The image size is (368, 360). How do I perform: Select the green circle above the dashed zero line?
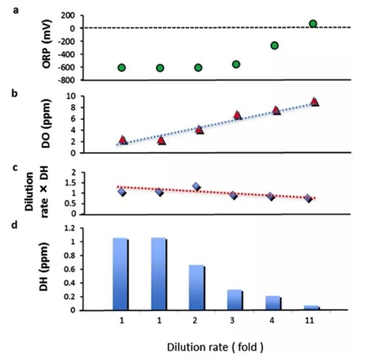[x=313, y=24]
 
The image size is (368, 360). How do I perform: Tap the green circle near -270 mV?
[x=275, y=46]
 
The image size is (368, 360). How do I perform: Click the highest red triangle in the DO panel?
[x=314, y=102]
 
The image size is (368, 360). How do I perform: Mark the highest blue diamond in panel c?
[x=196, y=186]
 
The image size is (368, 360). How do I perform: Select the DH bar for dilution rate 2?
[x=197, y=287]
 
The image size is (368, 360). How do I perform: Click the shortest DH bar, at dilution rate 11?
[x=312, y=308]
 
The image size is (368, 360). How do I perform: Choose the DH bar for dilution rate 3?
[x=235, y=300]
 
